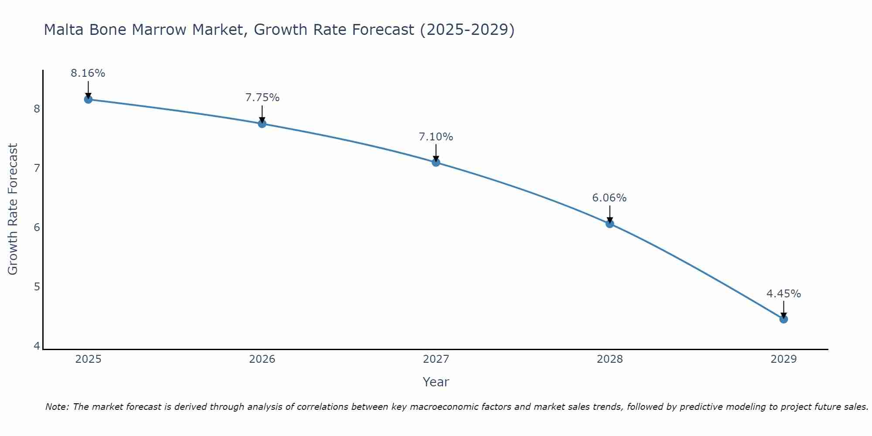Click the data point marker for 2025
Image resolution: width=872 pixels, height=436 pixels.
(88, 99)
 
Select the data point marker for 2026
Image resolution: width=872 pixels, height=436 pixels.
(262, 124)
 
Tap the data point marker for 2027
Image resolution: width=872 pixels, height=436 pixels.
(436, 163)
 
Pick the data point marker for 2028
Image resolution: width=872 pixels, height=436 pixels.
(610, 224)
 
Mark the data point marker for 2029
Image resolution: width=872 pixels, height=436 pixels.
(783, 319)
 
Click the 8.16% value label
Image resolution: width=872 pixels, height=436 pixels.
(88, 73)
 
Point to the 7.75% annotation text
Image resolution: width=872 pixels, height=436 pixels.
(262, 98)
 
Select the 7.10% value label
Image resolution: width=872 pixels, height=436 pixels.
(436, 137)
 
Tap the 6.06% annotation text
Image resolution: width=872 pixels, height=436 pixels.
(610, 198)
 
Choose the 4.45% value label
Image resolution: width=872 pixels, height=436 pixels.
(783, 294)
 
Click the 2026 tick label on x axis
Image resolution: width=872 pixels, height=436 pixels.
(262, 359)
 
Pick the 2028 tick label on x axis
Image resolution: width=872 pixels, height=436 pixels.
(610, 359)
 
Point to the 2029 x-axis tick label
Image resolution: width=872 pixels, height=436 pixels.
(783, 359)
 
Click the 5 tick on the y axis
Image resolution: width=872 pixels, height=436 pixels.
(37, 287)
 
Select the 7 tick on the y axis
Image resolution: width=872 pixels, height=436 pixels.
(37, 168)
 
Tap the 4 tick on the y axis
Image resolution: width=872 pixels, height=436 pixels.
(37, 346)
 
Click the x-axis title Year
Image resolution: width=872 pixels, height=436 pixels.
(436, 382)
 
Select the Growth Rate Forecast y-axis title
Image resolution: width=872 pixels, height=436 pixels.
(13, 209)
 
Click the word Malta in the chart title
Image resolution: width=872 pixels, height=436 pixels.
(65, 30)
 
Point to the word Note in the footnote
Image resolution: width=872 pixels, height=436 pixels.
(57, 407)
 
